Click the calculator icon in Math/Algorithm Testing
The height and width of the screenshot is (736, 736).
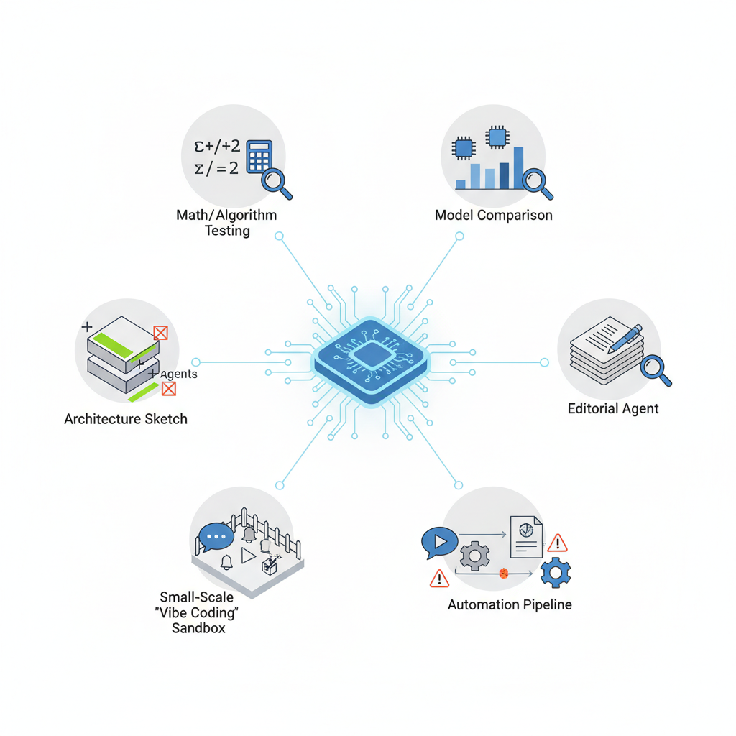(x=259, y=157)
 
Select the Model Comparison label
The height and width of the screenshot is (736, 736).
(x=494, y=215)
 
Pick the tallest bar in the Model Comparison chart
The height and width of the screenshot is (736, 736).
(x=518, y=168)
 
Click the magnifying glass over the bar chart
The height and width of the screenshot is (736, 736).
(x=537, y=181)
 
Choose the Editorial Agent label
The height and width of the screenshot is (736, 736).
(x=613, y=408)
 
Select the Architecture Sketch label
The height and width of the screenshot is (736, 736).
(x=126, y=418)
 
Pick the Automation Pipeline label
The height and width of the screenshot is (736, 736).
(x=510, y=604)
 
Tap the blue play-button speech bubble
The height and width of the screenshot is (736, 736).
(x=439, y=540)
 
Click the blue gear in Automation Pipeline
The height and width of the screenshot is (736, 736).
(x=555, y=572)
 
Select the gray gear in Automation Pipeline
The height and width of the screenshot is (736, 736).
(x=474, y=556)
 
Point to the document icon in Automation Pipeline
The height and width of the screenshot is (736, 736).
(x=526, y=536)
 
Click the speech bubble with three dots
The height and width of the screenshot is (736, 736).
(x=216, y=535)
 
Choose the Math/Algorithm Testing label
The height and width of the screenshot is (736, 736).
(x=226, y=223)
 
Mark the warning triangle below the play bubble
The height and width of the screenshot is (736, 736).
(x=438, y=578)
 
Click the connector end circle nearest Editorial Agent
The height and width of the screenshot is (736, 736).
(x=544, y=362)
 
